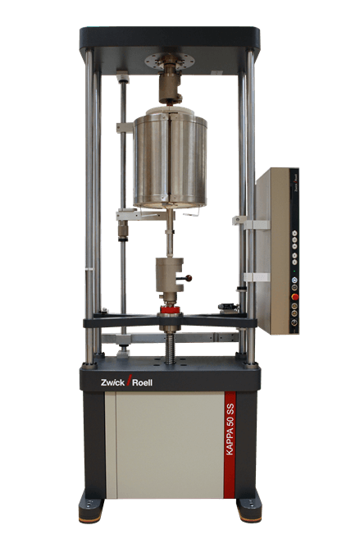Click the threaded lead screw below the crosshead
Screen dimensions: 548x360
171,345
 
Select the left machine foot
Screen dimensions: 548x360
91,509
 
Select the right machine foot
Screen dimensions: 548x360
248,509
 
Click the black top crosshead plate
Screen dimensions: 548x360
169,38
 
